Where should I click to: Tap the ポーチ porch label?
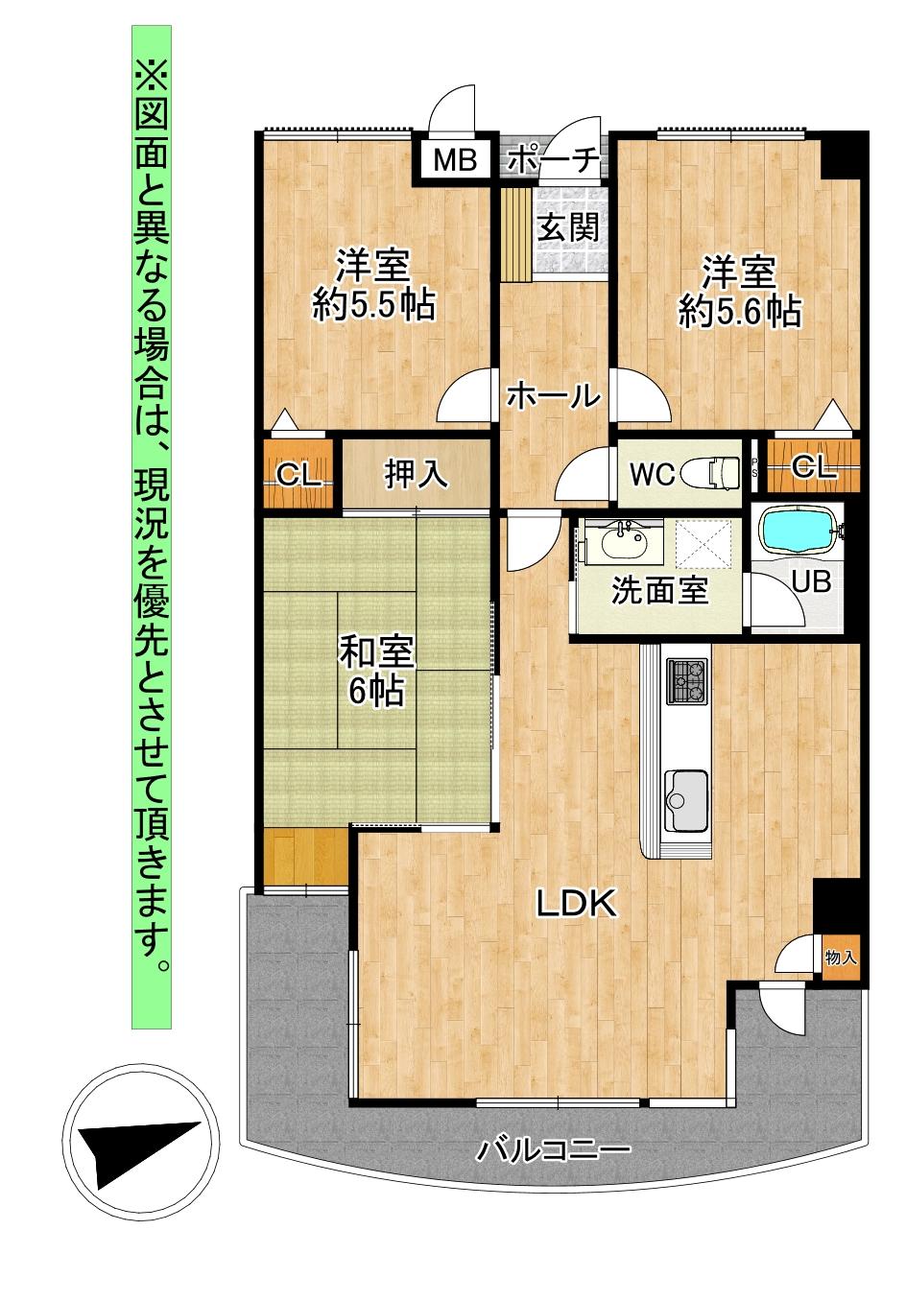[554, 159]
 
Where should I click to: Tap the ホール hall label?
[553, 394]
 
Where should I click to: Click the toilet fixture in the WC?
[720, 472]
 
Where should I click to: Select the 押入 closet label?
[416, 473]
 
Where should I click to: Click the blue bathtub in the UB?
[799, 532]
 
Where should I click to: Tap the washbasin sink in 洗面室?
[624, 545]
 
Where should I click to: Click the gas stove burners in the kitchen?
[687, 680]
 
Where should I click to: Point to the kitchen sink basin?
[687, 798]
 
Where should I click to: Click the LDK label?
[575, 903]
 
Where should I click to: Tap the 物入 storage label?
[841, 957]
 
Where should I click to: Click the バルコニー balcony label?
[553, 1148]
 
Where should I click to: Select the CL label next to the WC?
[814, 467]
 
